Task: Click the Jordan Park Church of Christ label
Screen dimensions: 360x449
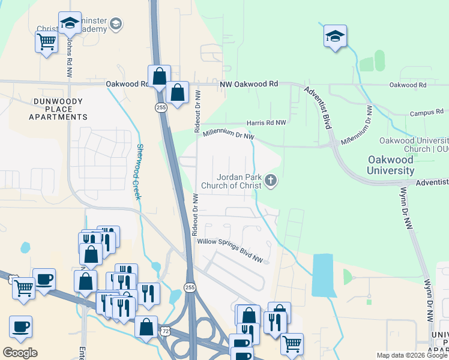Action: (240, 181)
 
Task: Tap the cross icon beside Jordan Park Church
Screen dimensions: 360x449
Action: (271, 181)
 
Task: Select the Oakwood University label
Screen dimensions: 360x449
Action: (390, 165)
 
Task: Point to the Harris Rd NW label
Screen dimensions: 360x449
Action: (266, 122)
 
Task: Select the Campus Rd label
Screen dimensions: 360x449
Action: (426, 112)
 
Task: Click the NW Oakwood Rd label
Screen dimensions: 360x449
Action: (249, 85)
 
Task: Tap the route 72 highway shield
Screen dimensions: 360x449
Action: (165, 331)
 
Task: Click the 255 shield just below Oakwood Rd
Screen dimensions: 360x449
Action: (160, 107)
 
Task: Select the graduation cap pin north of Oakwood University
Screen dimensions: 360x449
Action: (335, 35)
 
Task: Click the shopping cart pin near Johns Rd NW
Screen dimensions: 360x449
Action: (46, 43)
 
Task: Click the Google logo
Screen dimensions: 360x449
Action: (20, 352)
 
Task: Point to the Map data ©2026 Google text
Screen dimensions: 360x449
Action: (411, 355)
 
